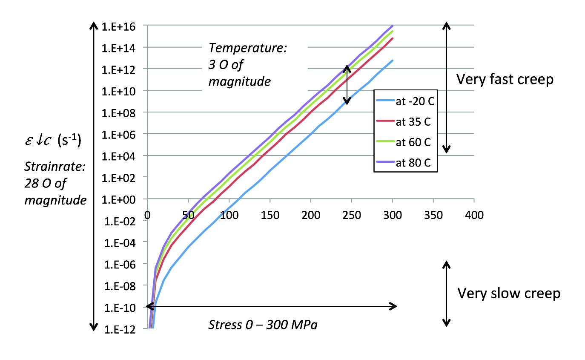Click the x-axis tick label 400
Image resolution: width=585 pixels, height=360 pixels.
pyautogui.click(x=474, y=216)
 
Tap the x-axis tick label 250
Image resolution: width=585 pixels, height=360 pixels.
pyautogui.click(x=352, y=216)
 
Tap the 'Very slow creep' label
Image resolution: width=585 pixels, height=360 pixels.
pyautogui.click(x=509, y=293)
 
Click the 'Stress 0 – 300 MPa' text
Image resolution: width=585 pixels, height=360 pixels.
pyautogui.click(x=263, y=325)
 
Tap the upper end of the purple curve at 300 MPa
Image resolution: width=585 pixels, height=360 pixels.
pyautogui.click(x=392, y=26)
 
